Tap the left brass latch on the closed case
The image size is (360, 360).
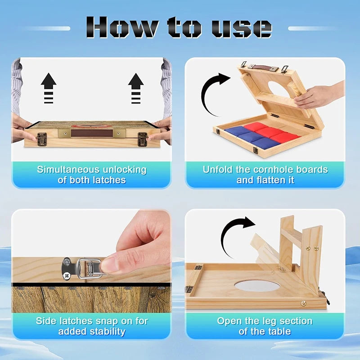42,139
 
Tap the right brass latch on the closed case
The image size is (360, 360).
142,139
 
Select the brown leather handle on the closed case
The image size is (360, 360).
92,133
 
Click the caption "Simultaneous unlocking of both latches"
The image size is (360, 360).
92,175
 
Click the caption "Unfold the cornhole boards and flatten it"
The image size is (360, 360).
265,175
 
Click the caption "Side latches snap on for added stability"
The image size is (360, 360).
92,326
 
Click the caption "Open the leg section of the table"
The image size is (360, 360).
265,326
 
